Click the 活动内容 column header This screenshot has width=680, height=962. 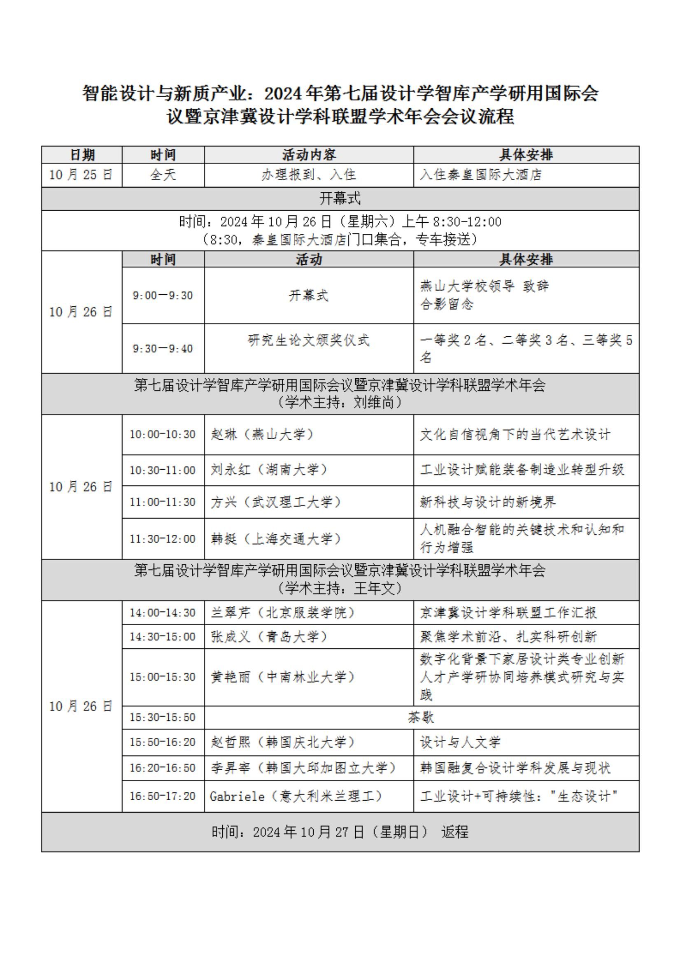click(x=309, y=155)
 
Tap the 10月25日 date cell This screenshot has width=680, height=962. click(x=81, y=175)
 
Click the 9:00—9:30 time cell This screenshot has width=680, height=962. click(x=163, y=296)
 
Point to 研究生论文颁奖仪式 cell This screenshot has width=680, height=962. click(x=309, y=340)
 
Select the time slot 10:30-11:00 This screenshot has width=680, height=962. click(x=163, y=470)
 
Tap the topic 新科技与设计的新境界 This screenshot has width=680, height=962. click(x=488, y=502)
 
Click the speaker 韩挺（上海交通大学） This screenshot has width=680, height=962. click(x=276, y=539)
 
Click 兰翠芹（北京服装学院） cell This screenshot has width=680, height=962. click(x=283, y=613)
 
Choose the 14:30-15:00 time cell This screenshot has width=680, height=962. click(x=163, y=637)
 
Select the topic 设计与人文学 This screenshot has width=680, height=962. click(x=460, y=743)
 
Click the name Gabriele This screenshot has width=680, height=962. click(x=237, y=796)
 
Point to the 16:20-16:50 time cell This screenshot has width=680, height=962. click(x=163, y=768)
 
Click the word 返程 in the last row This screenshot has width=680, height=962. click(x=454, y=832)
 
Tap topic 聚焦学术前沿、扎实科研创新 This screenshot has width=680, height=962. click(x=508, y=637)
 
